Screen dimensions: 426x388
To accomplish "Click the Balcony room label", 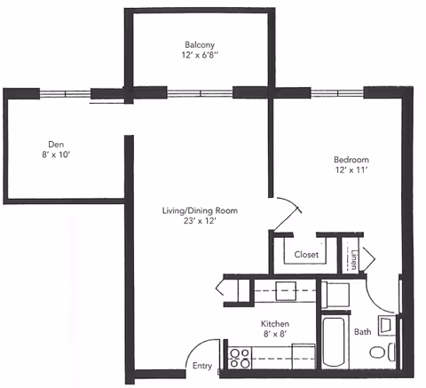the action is click(200, 44).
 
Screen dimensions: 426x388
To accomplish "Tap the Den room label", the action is click(56, 145).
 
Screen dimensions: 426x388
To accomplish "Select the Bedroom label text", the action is click(351, 160).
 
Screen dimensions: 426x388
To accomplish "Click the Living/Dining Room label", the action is click(200, 210).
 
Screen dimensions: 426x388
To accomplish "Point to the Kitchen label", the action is click(275, 323).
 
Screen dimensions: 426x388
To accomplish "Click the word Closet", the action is click(306, 255).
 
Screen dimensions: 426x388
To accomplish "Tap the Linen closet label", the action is click(354, 260).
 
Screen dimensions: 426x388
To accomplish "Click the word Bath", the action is click(363, 332).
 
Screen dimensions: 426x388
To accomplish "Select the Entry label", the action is click(202, 366).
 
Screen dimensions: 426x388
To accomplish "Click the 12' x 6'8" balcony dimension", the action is click(200, 55).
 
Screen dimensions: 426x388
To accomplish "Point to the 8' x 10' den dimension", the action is click(56, 154).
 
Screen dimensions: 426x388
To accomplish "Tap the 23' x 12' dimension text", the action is click(201, 221).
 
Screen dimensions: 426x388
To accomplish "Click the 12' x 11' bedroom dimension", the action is click(351, 170).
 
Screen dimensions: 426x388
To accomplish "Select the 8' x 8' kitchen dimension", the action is click(275, 334).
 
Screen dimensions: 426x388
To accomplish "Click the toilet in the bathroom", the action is click(383, 352).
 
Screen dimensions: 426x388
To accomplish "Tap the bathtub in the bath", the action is click(334, 342).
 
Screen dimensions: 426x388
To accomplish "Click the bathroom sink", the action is click(386, 325).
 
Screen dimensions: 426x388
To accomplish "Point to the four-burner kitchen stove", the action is click(240, 358).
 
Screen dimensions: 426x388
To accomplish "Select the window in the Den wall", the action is click(65, 94).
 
